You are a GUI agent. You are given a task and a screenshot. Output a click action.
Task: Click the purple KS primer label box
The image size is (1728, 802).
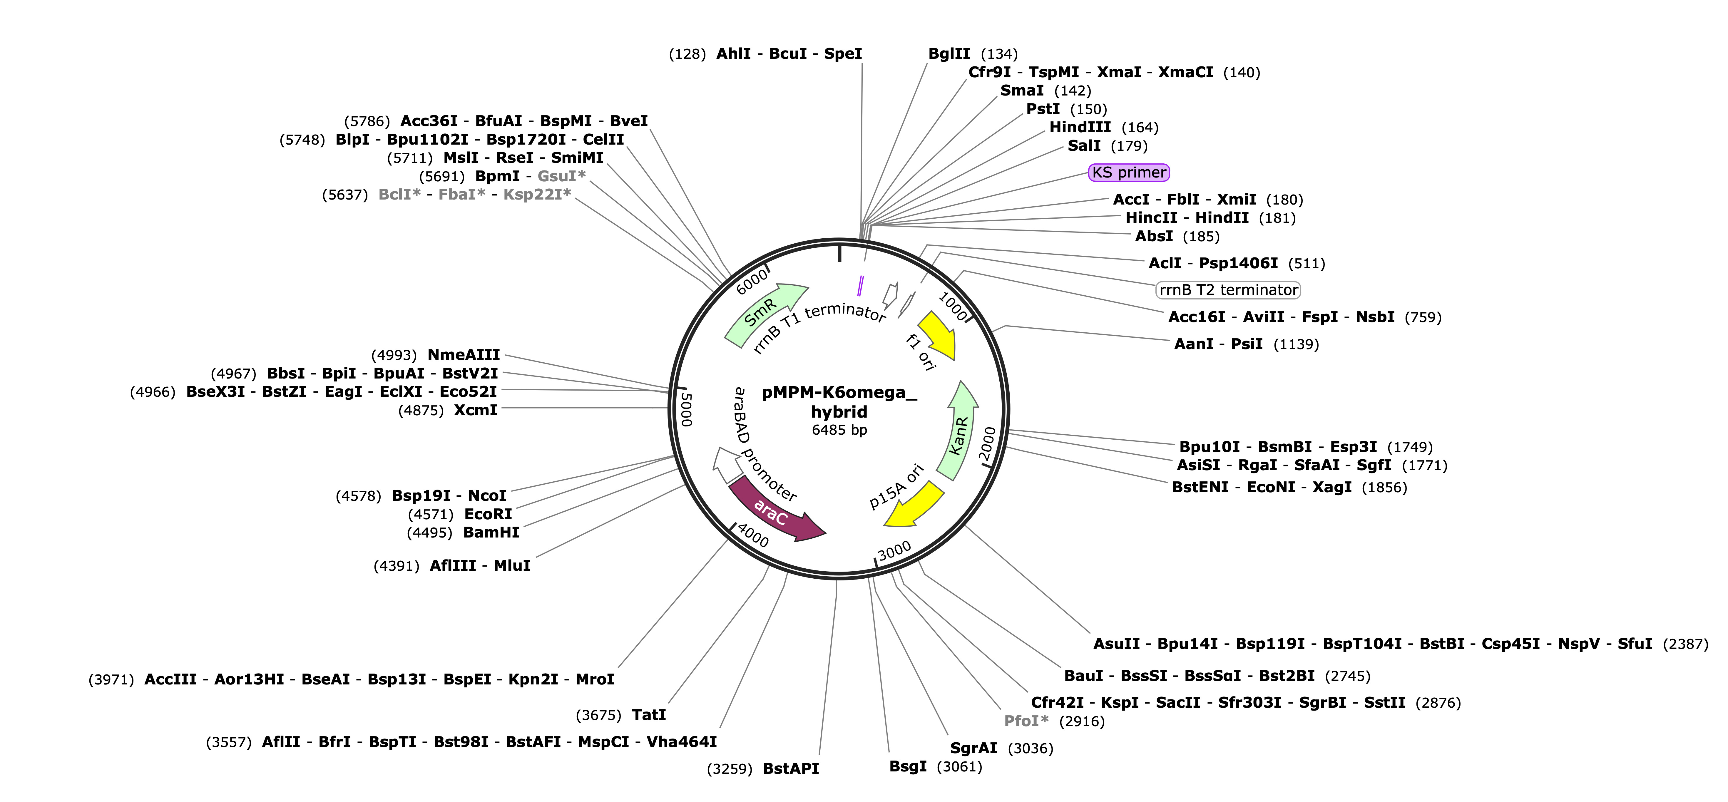pos(1129,172)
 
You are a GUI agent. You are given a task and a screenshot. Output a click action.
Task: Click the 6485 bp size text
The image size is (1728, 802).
pos(839,430)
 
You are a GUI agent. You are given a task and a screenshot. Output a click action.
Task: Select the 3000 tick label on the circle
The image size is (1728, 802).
pos(895,550)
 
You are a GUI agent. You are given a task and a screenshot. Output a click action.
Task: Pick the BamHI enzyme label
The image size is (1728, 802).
pos(491,533)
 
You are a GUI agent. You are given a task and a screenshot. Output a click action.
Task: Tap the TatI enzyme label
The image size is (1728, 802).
pos(649,715)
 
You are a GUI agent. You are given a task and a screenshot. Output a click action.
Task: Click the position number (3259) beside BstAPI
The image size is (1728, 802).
pos(730,769)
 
